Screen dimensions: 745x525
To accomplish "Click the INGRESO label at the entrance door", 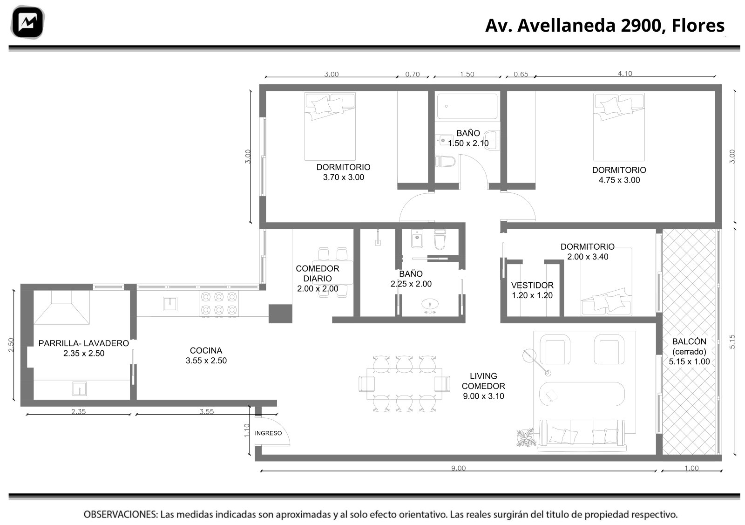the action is coord(268,433).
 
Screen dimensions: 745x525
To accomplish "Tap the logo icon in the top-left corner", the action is coord(27,22).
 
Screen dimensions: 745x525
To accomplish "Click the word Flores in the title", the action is coord(698,26).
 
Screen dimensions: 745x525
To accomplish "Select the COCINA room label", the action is coord(206,350).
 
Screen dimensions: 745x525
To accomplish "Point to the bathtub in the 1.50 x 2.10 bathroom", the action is coord(467,106).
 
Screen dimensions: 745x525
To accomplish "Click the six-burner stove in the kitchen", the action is coord(218,303).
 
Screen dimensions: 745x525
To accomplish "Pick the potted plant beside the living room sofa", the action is coord(526,437).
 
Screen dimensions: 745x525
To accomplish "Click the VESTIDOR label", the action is coord(532,285).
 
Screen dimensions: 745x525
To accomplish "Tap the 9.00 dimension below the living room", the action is coord(458,468).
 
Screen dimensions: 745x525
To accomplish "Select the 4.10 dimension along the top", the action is coord(625,74).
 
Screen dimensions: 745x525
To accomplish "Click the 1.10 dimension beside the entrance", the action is coord(246,430).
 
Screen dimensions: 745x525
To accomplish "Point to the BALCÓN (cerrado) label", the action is coord(689,346).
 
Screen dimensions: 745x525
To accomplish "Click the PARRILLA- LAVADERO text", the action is coord(83,343).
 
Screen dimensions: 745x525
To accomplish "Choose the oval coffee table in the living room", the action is coord(582,394).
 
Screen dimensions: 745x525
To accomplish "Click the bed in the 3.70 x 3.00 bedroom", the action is coord(330,126).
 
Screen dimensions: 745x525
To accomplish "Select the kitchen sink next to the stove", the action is coord(170,304).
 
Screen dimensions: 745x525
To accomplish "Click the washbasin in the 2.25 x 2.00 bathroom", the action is coord(430,305).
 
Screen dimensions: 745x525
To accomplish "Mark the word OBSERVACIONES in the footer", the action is coord(121,514).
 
